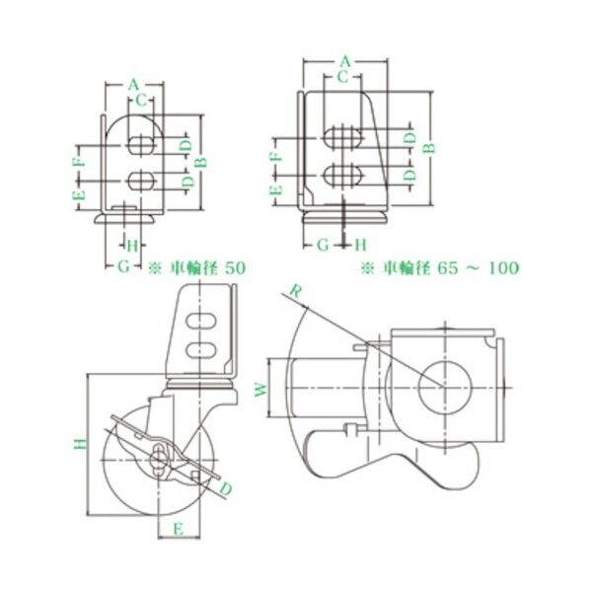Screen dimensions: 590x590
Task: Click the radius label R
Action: point(293,288)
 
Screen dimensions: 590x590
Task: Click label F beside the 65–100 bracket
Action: point(277,156)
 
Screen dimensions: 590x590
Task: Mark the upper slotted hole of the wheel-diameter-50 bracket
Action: point(140,145)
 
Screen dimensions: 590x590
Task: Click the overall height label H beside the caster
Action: point(77,445)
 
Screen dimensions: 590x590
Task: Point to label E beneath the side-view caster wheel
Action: point(179,528)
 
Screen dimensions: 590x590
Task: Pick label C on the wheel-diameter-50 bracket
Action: point(140,99)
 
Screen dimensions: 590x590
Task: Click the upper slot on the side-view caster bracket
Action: point(198,321)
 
